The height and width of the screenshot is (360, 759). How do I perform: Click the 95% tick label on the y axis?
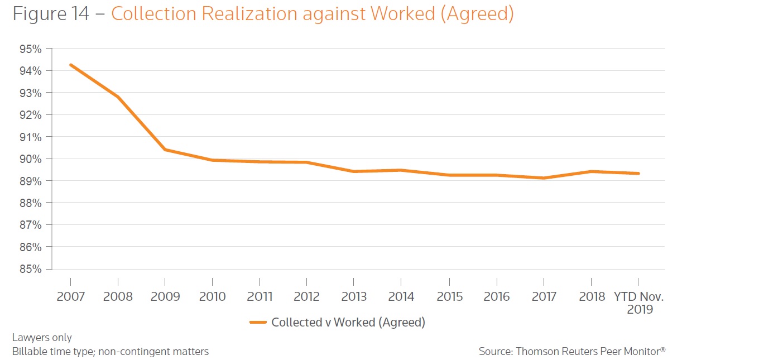click(x=30, y=49)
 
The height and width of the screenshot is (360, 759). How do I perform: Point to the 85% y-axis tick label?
click(x=30, y=269)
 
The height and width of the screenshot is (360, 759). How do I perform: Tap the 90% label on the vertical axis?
click(x=30, y=159)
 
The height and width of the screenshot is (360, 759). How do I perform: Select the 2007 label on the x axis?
click(x=71, y=296)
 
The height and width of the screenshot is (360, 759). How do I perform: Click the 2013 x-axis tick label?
click(x=354, y=296)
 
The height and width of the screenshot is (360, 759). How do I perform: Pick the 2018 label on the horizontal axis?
click(x=592, y=296)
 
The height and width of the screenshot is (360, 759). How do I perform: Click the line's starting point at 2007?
click(x=71, y=65)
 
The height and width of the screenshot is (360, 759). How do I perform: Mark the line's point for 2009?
click(x=165, y=150)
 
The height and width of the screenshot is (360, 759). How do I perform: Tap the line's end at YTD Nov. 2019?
click(x=638, y=173)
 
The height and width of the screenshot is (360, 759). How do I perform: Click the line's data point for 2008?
click(x=118, y=97)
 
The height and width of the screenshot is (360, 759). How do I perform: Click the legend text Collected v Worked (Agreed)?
click(x=348, y=322)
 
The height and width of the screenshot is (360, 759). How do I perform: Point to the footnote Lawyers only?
click(x=42, y=338)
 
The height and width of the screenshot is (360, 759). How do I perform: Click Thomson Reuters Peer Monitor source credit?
click(x=572, y=352)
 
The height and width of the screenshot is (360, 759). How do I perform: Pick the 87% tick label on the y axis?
click(x=30, y=225)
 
